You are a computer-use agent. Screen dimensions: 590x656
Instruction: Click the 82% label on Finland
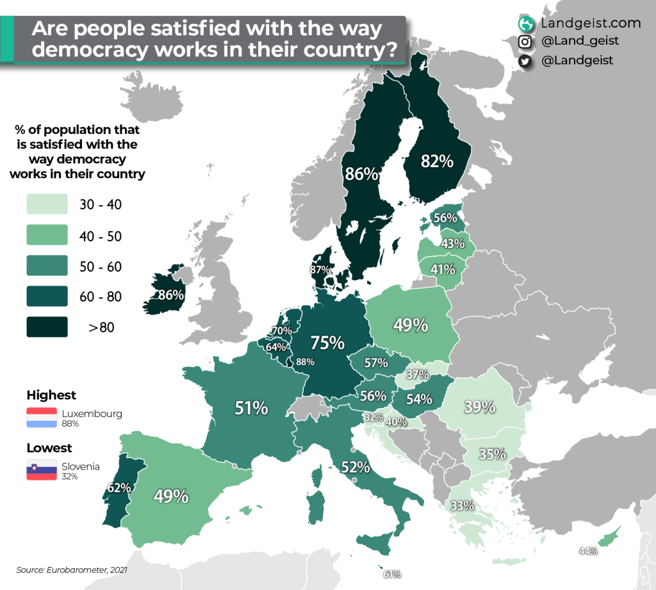[x=438, y=161]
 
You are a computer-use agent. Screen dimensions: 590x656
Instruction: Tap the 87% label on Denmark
[x=320, y=270]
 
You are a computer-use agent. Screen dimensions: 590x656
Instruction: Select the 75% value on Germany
[x=327, y=343]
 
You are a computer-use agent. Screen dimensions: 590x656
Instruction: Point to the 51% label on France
[x=250, y=407]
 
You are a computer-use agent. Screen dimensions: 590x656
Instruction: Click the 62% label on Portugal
[x=119, y=488]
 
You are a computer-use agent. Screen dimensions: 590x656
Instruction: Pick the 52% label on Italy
[x=356, y=467]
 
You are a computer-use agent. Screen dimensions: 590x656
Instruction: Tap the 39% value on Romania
[x=480, y=407]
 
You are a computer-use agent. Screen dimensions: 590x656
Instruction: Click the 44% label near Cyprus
[x=587, y=551]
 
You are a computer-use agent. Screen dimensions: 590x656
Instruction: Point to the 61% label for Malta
[x=392, y=574]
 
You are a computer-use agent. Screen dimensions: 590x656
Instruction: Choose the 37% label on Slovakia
[x=417, y=374]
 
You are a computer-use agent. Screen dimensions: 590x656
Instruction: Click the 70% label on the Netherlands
[x=282, y=331]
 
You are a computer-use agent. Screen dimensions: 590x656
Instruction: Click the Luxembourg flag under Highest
[x=42, y=418]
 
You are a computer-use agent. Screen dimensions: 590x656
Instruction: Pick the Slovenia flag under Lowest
[x=42, y=471]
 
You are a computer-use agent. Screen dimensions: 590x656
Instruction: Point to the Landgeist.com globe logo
[x=527, y=24]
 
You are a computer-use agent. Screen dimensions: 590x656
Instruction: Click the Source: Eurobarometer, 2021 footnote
[x=67, y=569]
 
